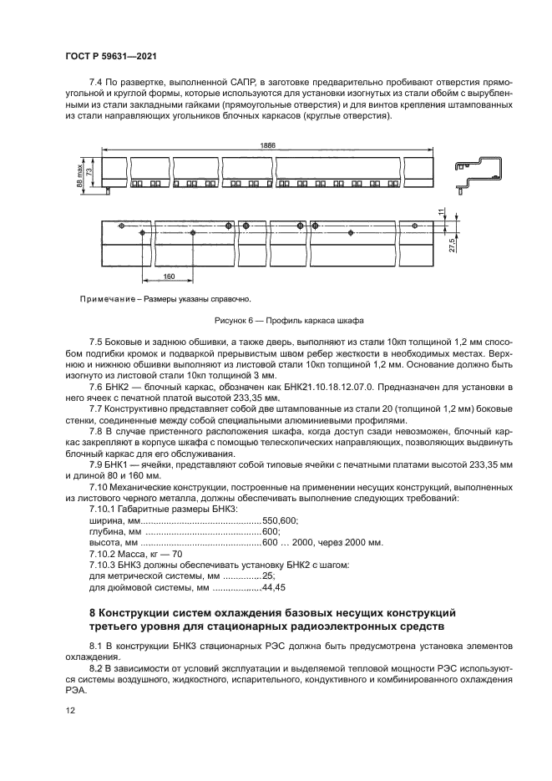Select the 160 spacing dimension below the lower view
point(168,276)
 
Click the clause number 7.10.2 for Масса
point(104,554)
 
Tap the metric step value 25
point(267,576)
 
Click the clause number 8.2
point(96,669)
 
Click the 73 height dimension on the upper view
point(89,170)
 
